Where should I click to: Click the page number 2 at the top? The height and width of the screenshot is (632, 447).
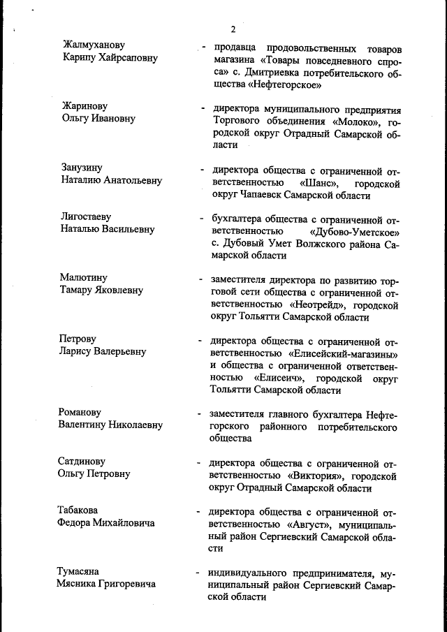[233, 29]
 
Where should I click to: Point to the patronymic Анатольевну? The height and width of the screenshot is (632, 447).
[133, 180]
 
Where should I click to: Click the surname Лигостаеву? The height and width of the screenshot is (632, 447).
[86, 217]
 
